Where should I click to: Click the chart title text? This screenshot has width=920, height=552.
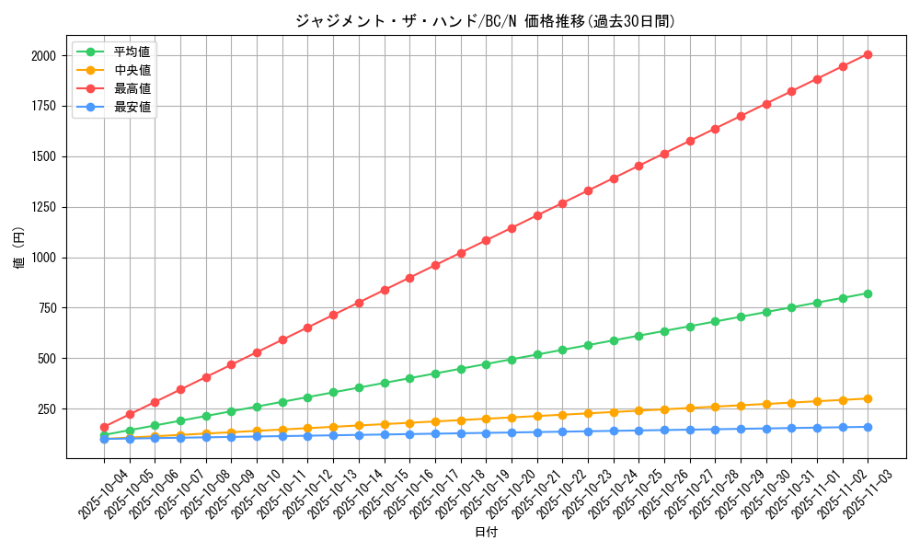(485, 21)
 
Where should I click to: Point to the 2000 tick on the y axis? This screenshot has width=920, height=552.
(43, 56)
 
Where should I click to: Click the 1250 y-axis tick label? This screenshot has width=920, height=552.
(43, 207)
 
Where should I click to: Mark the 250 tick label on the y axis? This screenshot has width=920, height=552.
(47, 408)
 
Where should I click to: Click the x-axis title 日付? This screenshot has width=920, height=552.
(485, 533)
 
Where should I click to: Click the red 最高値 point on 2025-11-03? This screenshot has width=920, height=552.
(868, 54)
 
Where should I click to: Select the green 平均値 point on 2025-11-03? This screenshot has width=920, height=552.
(868, 293)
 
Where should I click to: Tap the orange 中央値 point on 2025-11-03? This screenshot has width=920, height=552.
(868, 398)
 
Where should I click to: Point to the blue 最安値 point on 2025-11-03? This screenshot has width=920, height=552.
(868, 427)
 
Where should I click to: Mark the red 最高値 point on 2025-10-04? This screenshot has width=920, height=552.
(104, 427)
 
